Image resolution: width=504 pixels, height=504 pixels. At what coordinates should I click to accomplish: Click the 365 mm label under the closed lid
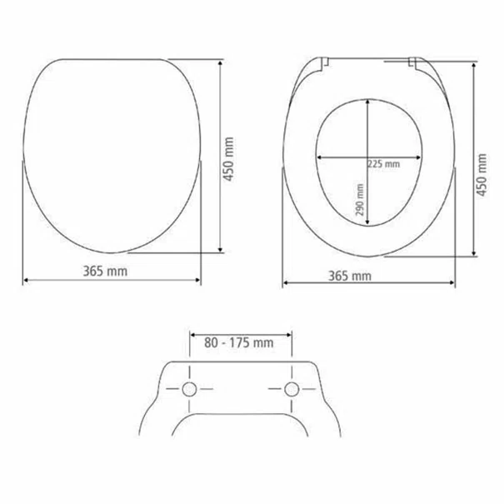105,271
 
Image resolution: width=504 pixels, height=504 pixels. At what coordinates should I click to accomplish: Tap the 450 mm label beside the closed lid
228,159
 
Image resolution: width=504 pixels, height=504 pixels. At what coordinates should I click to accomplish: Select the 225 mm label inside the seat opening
384,164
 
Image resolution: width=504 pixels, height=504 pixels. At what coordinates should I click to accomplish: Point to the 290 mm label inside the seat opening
360,200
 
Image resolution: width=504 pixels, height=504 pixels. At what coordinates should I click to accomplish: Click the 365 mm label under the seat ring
350,276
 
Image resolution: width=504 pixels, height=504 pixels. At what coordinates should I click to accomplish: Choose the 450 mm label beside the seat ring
482,175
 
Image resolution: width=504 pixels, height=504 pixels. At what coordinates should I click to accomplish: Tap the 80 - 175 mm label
239,342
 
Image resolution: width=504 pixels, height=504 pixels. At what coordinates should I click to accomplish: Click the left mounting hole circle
189,389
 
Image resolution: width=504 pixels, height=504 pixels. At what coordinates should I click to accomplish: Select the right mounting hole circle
292,389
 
